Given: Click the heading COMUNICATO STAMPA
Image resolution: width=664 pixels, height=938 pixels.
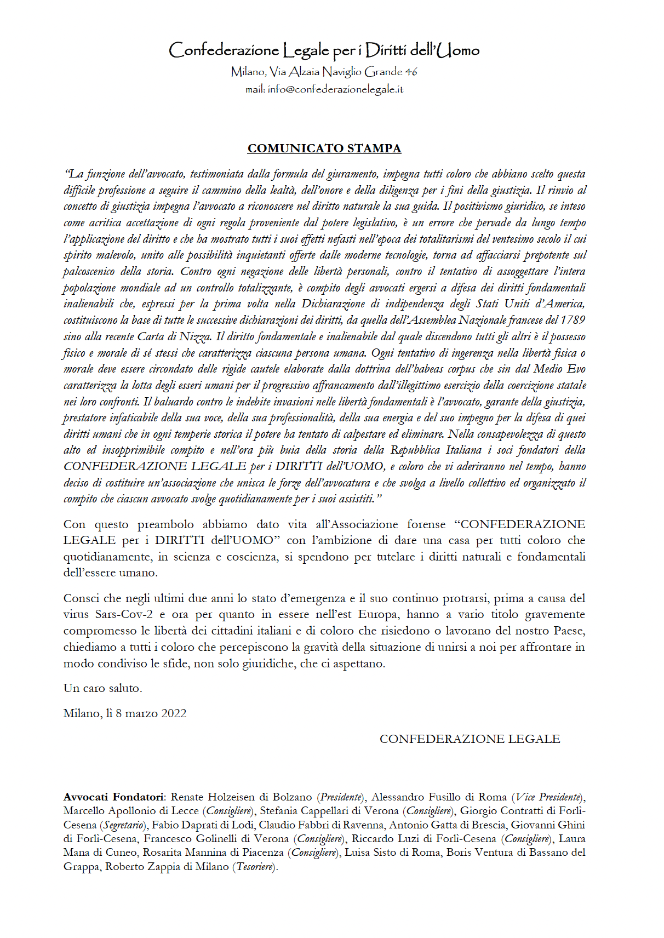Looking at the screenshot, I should pyautogui.click(x=324, y=148).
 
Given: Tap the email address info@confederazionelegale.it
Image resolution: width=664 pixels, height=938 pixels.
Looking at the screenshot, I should pyautogui.click(x=335, y=89).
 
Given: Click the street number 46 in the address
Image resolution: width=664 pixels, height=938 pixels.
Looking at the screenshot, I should pyautogui.click(x=411, y=71).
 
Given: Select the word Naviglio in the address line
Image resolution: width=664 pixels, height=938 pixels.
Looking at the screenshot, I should pyautogui.click(x=342, y=71).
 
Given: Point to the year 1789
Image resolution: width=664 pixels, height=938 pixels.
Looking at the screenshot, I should pyautogui.click(x=573, y=320).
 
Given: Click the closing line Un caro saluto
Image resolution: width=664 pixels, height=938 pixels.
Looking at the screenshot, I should pyautogui.click(x=102, y=688).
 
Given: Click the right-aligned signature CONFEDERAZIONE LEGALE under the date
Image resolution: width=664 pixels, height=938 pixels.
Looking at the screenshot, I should pyautogui.click(x=470, y=739).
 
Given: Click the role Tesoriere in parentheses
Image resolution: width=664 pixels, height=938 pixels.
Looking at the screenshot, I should pyautogui.click(x=255, y=867).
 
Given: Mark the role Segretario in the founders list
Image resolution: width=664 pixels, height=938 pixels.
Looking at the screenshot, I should pyautogui.click(x=124, y=825).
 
